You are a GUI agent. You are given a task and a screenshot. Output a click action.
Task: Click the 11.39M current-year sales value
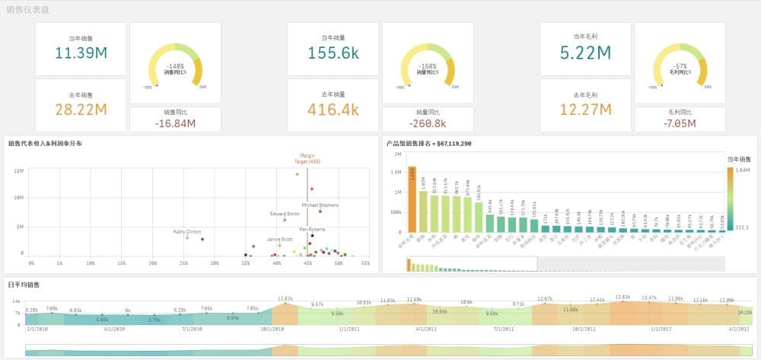(x=80, y=53)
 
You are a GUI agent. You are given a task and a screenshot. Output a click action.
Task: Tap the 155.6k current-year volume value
(x=333, y=53)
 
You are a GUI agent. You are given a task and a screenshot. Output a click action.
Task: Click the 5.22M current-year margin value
(x=585, y=53)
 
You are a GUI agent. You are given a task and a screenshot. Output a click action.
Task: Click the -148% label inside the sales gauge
(x=175, y=66)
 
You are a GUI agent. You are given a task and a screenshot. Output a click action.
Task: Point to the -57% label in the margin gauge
(x=680, y=66)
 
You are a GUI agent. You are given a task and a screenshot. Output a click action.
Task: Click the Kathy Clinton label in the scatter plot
(x=187, y=231)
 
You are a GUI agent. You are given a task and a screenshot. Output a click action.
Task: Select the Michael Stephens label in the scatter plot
(x=320, y=205)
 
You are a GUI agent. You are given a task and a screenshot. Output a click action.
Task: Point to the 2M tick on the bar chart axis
(x=397, y=154)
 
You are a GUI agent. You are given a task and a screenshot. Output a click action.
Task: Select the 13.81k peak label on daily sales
(x=622, y=297)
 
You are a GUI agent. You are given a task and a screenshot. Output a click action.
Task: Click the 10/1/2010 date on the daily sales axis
(x=272, y=329)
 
